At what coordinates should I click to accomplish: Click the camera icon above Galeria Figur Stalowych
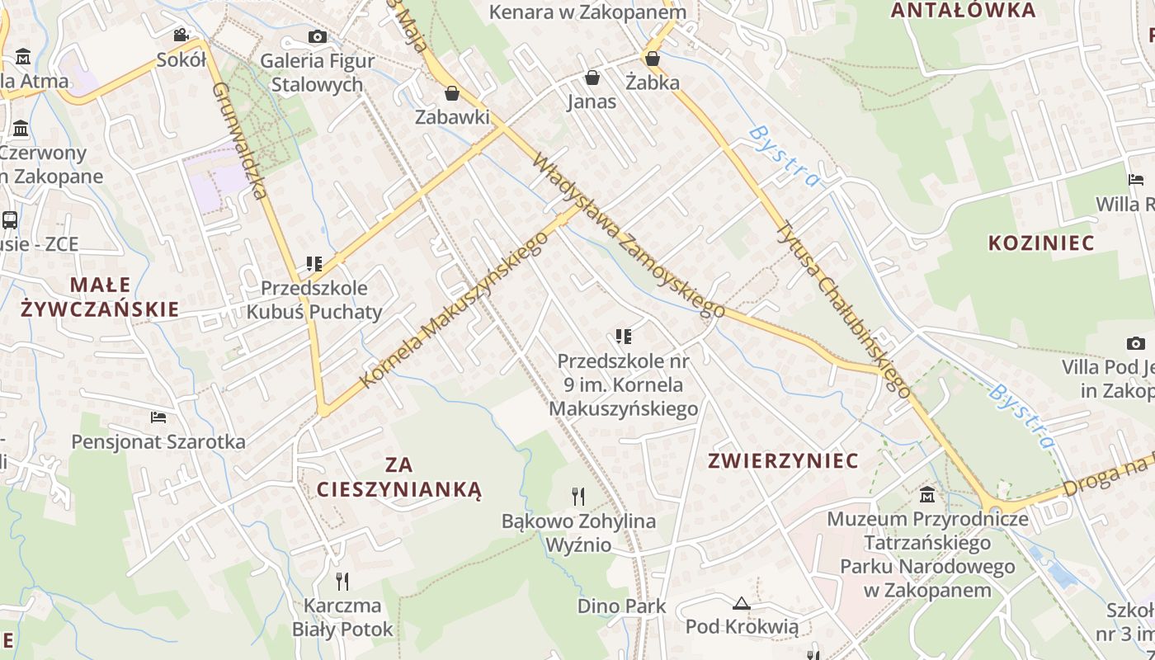317,36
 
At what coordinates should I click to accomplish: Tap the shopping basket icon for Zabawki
451,93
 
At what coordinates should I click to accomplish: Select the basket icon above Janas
592,78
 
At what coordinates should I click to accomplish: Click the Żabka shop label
653,82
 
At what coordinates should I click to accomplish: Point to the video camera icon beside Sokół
181,35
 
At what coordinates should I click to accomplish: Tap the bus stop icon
10,220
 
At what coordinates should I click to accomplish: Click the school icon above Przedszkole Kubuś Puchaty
313,264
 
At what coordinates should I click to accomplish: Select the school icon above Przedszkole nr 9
623,337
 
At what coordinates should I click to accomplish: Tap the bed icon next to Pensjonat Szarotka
158,417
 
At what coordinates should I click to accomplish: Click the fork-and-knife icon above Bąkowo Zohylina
578,496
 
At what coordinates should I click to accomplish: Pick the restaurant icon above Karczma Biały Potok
342,582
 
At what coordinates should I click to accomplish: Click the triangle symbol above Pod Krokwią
741,604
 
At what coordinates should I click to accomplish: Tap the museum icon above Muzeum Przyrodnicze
927,495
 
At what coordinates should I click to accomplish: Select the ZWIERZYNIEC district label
783,460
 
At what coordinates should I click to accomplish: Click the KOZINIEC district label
1041,243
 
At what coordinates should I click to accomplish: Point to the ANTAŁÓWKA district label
963,10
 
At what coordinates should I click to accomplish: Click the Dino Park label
621,606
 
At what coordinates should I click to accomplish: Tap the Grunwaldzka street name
240,140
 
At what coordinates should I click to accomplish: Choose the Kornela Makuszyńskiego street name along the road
455,309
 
